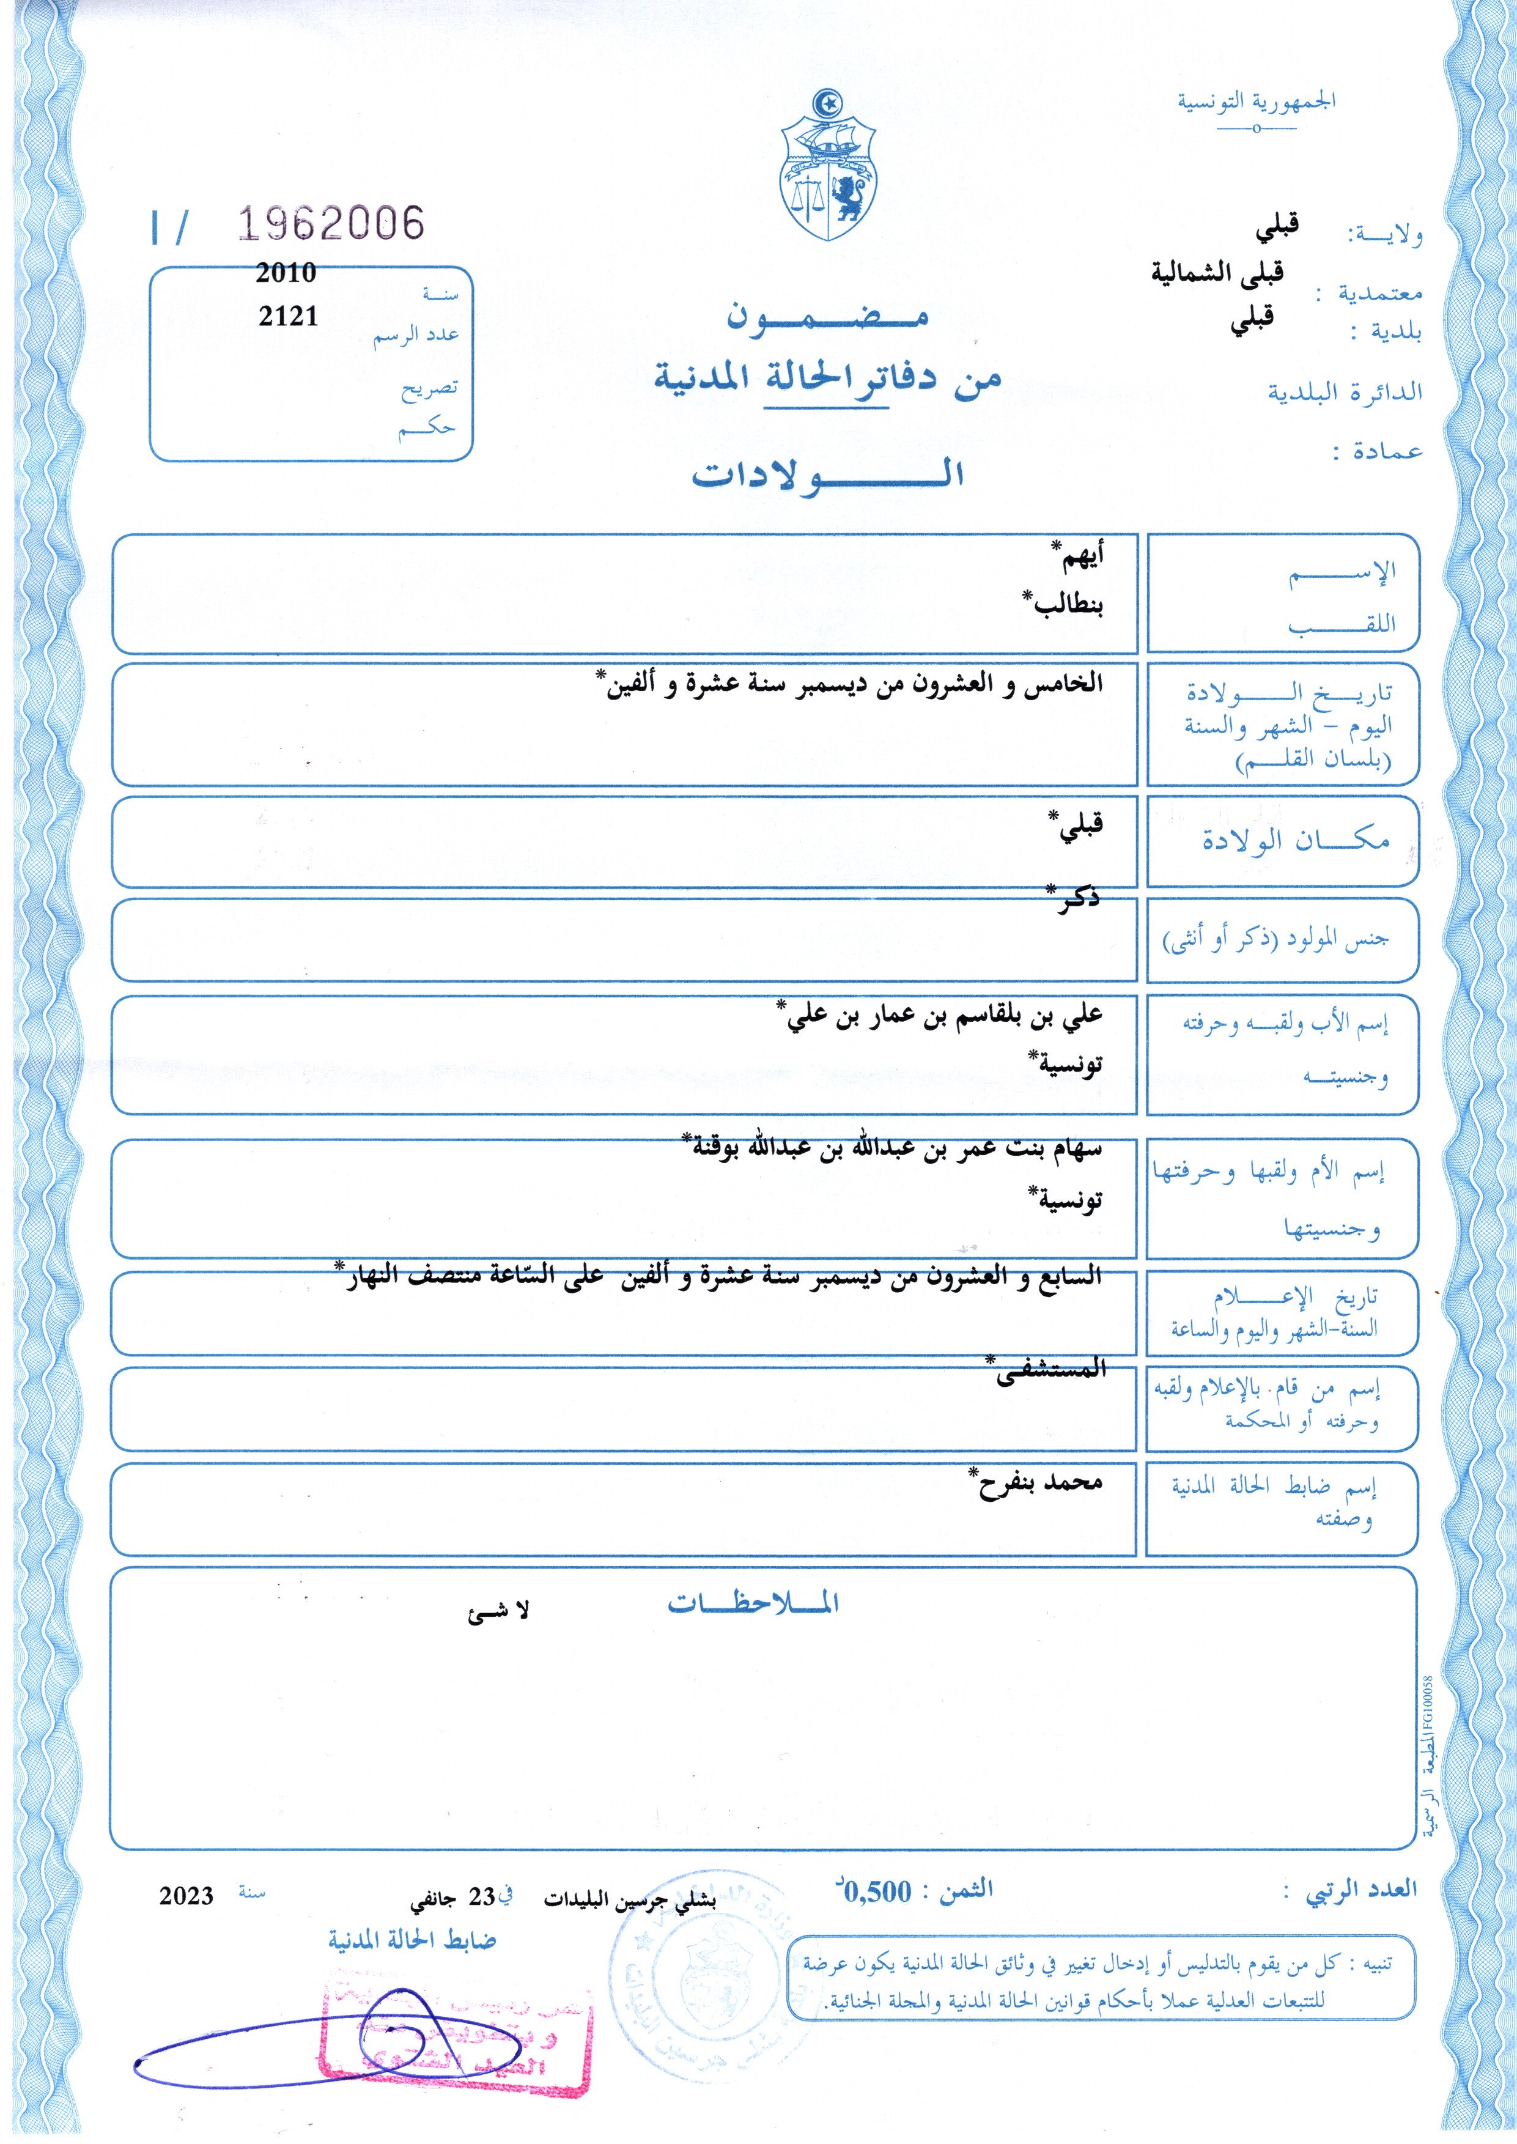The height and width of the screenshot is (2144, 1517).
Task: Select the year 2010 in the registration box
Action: coord(286,273)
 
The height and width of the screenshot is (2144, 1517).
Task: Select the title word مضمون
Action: coord(828,317)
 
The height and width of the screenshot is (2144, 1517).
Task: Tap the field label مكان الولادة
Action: coord(1296,840)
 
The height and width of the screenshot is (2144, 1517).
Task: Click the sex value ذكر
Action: coord(1076,899)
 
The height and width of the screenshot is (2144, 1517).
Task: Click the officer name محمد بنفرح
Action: coord(1039,1482)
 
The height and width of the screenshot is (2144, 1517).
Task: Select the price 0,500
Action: coord(876,1893)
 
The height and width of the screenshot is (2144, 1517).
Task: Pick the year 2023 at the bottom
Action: coord(186,1896)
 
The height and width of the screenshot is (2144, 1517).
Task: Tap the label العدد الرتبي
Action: coord(1362,1890)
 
